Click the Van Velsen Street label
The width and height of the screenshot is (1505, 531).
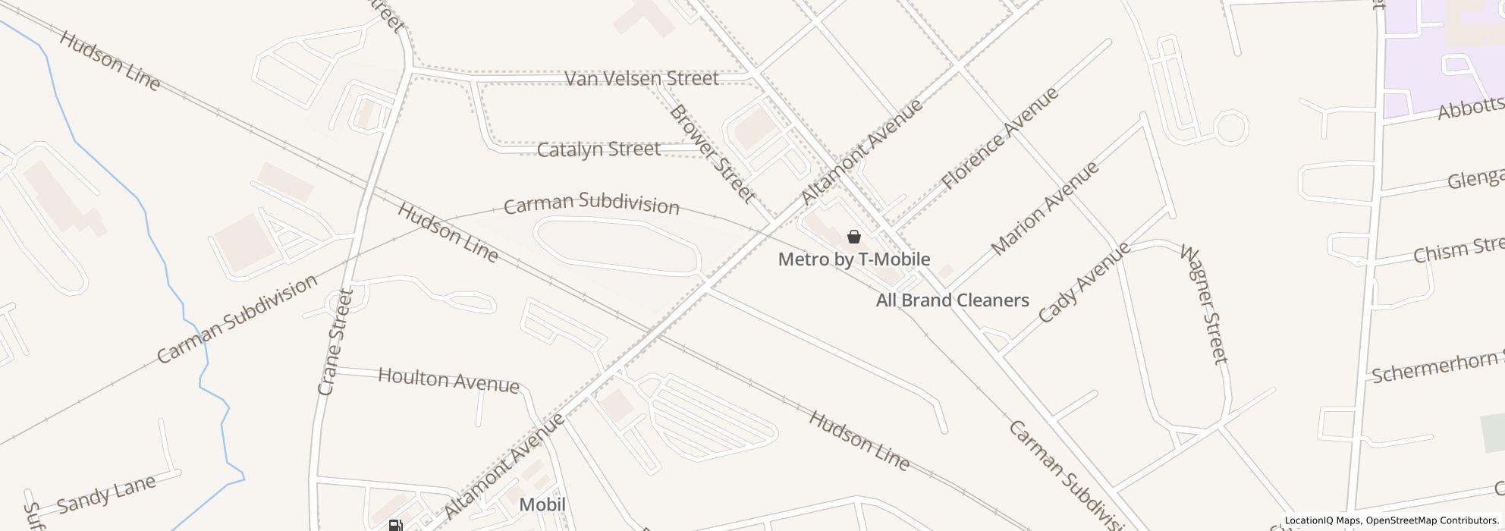(x=642, y=79)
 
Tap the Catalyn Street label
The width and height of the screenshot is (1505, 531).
(x=599, y=149)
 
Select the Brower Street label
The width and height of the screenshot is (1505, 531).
(x=712, y=154)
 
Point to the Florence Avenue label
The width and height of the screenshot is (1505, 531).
(x=999, y=139)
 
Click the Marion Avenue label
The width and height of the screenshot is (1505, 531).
(x=1045, y=207)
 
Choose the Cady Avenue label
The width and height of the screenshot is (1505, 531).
(x=1083, y=283)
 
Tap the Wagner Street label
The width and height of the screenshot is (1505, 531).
(x=1204, y=303)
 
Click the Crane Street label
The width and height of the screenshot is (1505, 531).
(x=336, y=341)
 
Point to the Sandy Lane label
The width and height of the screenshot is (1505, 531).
(x=106, y=493)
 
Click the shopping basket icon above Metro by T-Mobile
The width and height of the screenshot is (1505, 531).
(x=854, y=237)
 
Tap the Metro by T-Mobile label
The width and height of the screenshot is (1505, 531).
(x=854, y=259)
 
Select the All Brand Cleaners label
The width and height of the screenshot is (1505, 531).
(x=952, y=300)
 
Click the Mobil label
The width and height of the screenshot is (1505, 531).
(x=542, y=505)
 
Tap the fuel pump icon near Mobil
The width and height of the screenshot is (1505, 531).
(x=394, y=525)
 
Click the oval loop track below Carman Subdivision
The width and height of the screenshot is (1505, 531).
(x=616, y=244)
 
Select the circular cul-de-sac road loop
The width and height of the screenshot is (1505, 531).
(x=1230, y=127)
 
